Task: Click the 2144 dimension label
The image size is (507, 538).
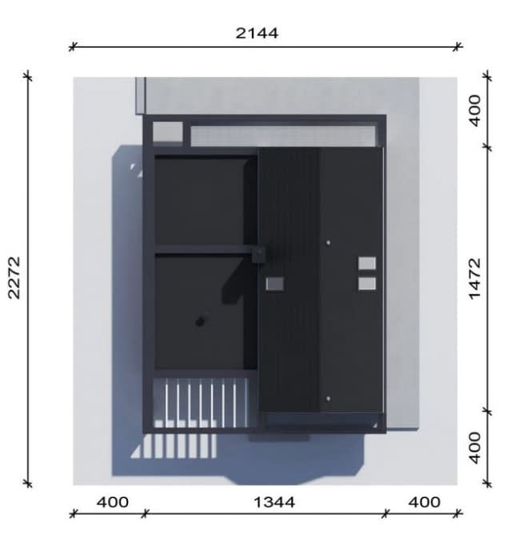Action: coord(257,34)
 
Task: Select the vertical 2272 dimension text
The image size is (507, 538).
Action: coord(14,278)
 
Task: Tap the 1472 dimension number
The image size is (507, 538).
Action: coord(475,279)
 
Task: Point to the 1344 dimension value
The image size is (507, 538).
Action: coord(274,502)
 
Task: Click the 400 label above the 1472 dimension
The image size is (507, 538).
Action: coord(475,111)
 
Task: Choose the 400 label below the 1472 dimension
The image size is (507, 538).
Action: coord(475,448)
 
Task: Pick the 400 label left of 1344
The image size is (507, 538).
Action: coord(113,502)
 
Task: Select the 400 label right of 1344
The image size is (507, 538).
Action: coord(425,502)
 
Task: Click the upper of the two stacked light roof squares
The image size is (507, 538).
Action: coord(367,264)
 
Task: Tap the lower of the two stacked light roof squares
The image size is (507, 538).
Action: coord(367,284)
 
